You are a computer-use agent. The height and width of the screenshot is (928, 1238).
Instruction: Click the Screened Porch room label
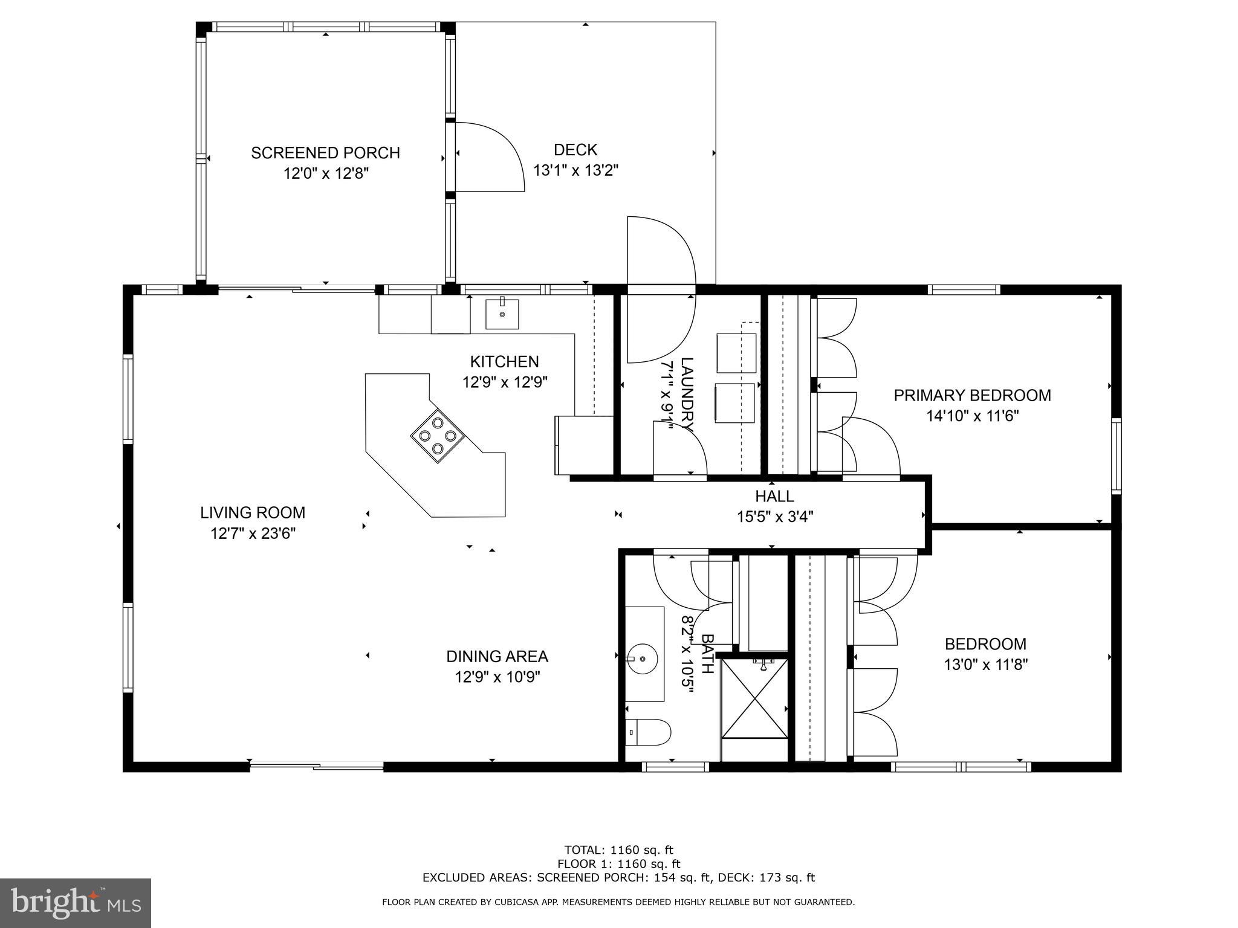[x=325, y=153]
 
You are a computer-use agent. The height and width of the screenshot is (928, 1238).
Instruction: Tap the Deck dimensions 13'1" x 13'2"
[x=575, y=170]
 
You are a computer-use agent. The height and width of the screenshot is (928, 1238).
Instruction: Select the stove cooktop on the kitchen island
[x=438, y=436]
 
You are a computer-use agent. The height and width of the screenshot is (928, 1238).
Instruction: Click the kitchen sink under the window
[x=502, y=314]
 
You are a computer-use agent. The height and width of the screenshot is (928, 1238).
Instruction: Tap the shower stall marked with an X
[x=755, y=698]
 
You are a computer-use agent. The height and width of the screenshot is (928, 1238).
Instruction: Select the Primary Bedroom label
[x=972, y=395]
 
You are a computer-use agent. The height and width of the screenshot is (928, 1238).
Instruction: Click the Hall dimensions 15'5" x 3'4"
[x=775, y=517]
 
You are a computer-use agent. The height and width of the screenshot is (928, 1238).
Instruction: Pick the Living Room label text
[x=253, y=513]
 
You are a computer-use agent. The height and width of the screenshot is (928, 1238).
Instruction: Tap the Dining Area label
[x=497, y=656]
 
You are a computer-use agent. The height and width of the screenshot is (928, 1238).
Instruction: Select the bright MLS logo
[x=76, y=903]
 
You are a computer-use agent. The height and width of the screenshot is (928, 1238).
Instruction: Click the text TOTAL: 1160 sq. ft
[x=618, y=851]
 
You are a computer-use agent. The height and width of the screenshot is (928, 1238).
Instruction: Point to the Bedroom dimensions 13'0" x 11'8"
[x=985, y=665]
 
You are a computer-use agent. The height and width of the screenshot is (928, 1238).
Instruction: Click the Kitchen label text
[x=504, y=361]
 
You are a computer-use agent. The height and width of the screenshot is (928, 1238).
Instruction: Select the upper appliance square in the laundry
[x=736, y=353]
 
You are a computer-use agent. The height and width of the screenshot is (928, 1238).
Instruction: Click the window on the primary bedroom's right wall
[x=1116, y=456]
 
